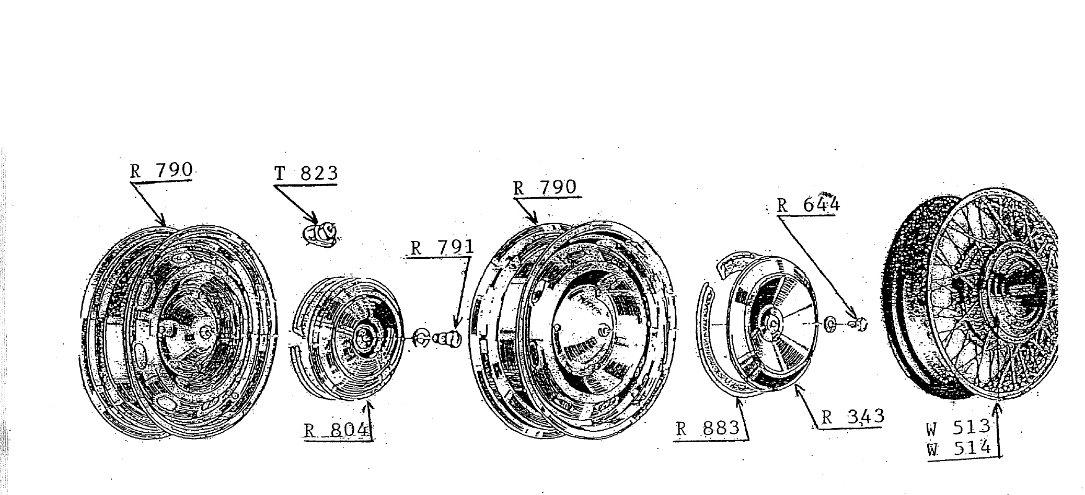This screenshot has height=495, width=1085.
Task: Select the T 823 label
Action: tap(306, 174)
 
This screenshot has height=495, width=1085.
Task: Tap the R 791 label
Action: tap(442, 247)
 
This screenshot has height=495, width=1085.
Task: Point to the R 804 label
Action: tap(338, 430)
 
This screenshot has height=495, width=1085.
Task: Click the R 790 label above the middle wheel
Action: tap(545, 188)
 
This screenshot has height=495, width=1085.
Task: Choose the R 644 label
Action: tap(808, 204)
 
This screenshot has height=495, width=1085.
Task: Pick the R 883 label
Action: tap(708, 429)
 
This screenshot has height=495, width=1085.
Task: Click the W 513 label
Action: tap(959, 427)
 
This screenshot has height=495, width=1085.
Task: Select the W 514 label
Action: tap(959, 448)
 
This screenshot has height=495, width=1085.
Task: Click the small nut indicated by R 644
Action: tap(858, 325)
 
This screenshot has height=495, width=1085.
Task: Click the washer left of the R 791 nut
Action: tap(421, 338)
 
